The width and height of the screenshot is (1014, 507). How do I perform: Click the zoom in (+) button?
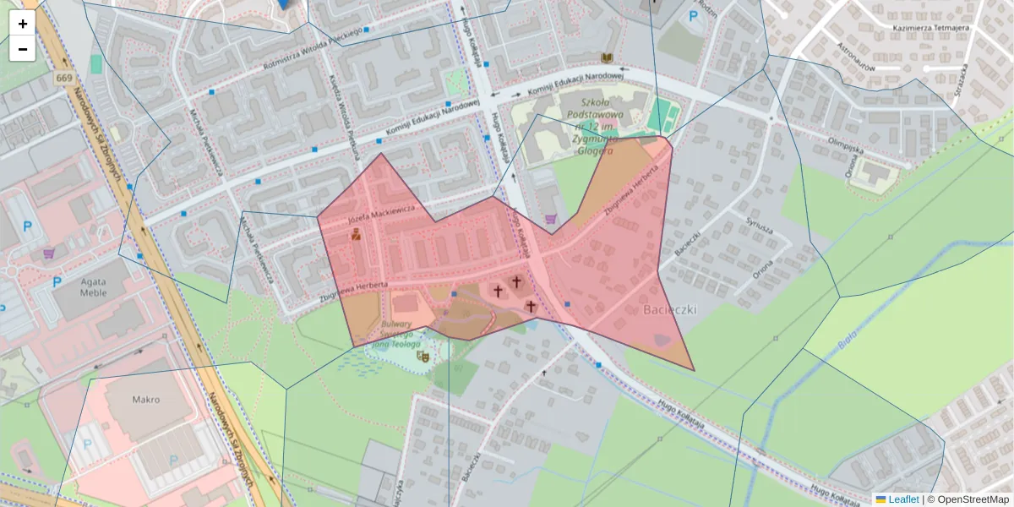(23, 24)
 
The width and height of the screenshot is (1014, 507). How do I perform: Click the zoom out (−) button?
(23, 49)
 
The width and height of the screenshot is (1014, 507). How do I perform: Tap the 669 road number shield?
(64, 79)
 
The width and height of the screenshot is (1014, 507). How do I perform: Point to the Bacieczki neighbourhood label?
(669, 310)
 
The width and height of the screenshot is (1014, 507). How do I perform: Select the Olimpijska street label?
(846, 144)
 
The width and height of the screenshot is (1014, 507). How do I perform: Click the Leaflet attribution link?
(903, 499)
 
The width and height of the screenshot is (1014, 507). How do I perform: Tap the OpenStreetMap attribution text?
(973, 499)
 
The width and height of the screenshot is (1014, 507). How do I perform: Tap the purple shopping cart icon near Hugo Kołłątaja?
(551, 219)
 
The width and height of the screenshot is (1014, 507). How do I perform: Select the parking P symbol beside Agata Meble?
(57, 281)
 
